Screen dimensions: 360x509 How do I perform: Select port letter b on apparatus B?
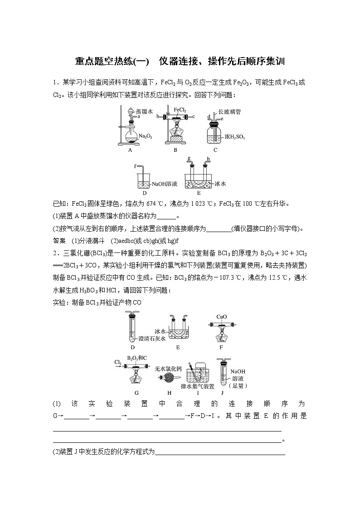(x=158, y=117)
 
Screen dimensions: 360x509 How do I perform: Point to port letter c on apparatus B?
(x=193, y=117)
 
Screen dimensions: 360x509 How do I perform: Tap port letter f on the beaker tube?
(x=135, y=167)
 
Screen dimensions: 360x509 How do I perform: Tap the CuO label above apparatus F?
(x=222, y=317)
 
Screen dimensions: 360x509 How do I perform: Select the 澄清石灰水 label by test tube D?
(x=152, y=338)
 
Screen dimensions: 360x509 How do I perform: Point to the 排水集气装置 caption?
(x=197, y=386)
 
